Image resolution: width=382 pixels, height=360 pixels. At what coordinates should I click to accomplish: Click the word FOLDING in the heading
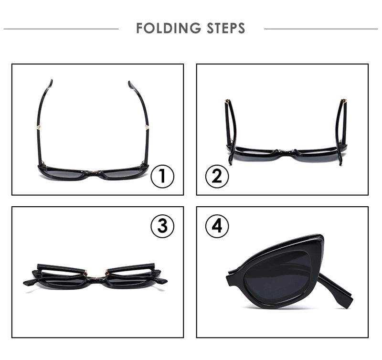(x=169, y=28)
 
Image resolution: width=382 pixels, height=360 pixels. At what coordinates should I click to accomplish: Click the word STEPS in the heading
(x=226, y=28)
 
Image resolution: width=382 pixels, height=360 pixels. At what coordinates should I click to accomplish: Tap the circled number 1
(x=162, y=176)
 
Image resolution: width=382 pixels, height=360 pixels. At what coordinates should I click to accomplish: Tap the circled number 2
(x=217, y=176)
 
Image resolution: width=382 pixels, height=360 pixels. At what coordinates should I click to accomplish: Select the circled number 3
(x=162, y=226)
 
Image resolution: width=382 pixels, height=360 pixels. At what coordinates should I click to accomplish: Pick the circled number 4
(x=217, y=226)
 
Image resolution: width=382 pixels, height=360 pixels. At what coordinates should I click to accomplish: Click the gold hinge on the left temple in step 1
(x=39, y=127)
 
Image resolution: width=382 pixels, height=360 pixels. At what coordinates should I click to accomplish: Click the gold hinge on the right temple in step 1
(x=147, y=127)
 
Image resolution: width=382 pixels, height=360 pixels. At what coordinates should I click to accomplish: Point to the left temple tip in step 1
(x=51, y=81)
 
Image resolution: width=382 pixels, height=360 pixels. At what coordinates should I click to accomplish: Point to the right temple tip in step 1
(x=129, y=83)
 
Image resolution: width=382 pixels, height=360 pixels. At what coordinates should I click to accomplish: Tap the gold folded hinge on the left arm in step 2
(x=228, y=101)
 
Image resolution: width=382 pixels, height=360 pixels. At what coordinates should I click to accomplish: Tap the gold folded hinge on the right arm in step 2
(x=344, y=101)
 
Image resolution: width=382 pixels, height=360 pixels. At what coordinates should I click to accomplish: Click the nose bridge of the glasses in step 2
(x=286, y=151)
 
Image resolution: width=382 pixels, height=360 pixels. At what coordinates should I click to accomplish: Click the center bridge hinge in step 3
(x=96, y=277)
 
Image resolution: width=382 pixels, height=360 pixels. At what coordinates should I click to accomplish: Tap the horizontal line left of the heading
(x=61, y=29)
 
